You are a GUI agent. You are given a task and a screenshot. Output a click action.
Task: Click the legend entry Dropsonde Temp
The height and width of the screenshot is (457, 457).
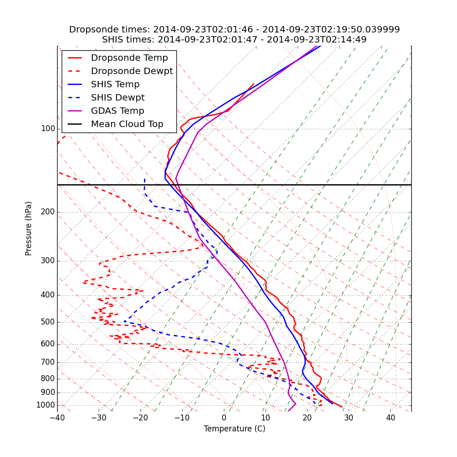click(x=129, y=58)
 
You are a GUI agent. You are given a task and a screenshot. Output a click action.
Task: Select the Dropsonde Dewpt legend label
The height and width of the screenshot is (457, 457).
click(x=132, y=71)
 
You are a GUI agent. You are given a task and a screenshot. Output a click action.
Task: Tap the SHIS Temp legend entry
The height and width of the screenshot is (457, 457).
click(x=115, y=85)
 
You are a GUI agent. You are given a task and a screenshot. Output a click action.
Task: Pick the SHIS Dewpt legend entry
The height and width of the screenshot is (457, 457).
click(x=117, y=98)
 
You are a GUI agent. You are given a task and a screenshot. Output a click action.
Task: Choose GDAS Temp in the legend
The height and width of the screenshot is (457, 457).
click(x=117, y=111)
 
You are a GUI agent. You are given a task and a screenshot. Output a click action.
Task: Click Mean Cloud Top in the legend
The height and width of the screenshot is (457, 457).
click(x=127, y=124)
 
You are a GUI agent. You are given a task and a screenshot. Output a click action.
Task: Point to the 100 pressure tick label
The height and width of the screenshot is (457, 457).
click(x=48, y=129)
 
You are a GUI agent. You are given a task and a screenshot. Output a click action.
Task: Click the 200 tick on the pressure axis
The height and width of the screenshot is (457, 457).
click(x=48, y=212)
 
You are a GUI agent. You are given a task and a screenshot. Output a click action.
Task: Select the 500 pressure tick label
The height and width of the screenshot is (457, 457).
click(x=48, y=322)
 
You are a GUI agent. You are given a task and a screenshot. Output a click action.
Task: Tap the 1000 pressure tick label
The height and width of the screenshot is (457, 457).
click(x=46, y=405)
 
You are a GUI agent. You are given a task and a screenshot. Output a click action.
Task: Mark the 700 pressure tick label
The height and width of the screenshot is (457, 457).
click(x=48, y=362)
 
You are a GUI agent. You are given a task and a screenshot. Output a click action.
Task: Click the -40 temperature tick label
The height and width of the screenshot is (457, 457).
click(x=57, y=418)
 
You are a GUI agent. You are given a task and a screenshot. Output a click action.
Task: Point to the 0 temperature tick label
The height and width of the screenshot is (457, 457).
click(x=224, y=418)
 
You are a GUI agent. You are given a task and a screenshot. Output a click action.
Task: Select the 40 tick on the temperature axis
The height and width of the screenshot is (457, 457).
click(x=390, y=418)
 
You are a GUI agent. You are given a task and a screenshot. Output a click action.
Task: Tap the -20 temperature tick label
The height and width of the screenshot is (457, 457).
click(x=140, y=418)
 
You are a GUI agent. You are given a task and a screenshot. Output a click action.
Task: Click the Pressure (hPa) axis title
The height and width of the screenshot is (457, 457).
click(x=29, y=228)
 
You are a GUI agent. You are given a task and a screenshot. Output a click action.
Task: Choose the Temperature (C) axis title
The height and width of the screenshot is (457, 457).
click(x=234, y=429)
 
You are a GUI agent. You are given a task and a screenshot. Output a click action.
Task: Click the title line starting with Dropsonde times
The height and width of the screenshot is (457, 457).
click(x=234, y=30)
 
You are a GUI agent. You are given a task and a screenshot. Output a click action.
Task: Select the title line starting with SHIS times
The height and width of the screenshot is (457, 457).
click(x=234, y=40)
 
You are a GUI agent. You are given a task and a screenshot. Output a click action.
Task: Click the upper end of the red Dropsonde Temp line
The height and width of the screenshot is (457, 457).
click(x=254, y=84)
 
